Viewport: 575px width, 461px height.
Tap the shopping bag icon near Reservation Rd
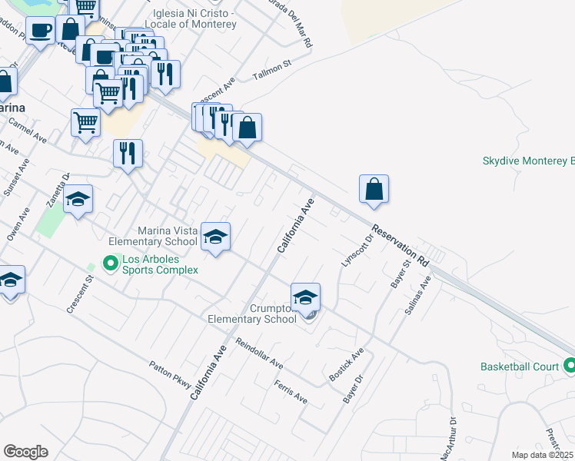374,189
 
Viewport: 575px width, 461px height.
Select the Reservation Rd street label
400,244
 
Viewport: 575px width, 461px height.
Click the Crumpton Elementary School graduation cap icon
305,297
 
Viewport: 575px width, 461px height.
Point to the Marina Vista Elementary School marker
216,237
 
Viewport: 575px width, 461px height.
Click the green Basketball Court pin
568,366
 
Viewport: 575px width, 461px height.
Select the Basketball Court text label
520,366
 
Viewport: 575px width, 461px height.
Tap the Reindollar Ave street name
259,353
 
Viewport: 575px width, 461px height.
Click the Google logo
25,451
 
